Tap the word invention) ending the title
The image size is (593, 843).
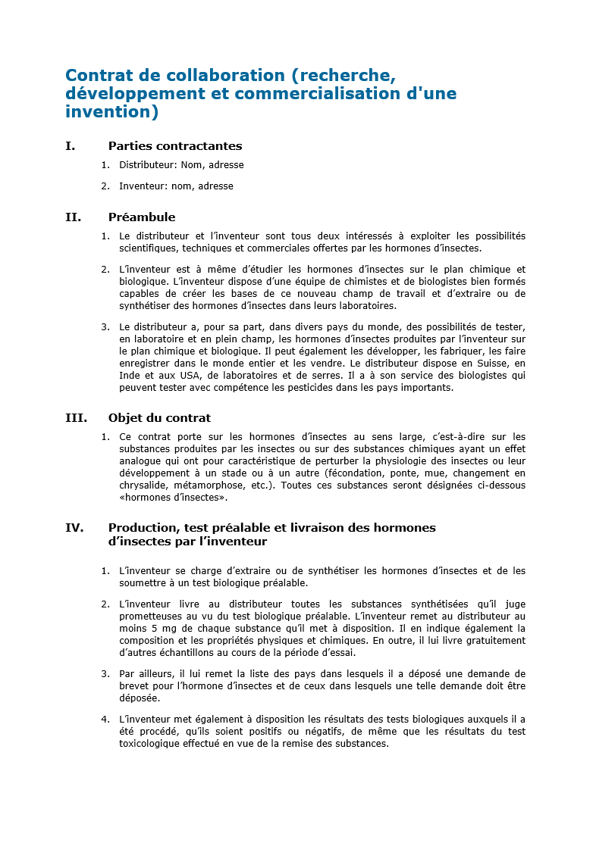click(111, 112)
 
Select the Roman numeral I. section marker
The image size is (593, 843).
click(71, 146)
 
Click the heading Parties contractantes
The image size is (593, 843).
click(175, 146)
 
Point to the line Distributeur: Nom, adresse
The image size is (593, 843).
click(181, 165)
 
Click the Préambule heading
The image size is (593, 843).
click(142, 217)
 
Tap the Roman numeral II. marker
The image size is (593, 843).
click(73, 217)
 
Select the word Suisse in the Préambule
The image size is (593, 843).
click(484, 364)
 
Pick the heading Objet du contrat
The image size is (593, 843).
click(159, 418)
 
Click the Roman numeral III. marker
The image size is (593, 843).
click(76, 418)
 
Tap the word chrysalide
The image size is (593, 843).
click(143, 486)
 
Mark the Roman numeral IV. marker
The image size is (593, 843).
click(74, 528)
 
